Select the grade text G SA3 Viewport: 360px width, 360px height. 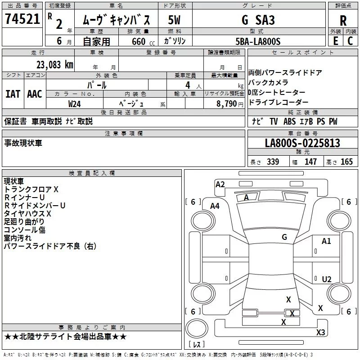[x=258, y=20]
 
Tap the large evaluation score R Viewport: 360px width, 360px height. [x=343, y=20]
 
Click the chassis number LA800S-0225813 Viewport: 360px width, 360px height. [x=302, y=144]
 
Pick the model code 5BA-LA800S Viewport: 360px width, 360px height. [x=258, y=41]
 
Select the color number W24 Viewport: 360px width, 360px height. [x=75, y=103]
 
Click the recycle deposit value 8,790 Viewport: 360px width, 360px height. [x=227, y=103]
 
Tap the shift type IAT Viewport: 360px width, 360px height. [x=13, y=94]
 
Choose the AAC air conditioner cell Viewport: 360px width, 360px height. [x=35, y=94]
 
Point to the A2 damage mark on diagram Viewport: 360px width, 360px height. [x=220, y=184]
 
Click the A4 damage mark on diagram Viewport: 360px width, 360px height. [x=215, y=206]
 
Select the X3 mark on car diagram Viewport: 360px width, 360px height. [x=320, y=333]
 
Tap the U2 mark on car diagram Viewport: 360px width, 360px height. [x=327, y=279]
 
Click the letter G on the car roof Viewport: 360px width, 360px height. [x=284, y=237]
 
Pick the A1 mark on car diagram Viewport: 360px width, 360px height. [x=326, y=241]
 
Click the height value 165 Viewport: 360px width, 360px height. [x=346, y=162]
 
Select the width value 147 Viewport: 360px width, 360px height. [x=310, y=162]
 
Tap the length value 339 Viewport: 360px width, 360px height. [x=273, y=162]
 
